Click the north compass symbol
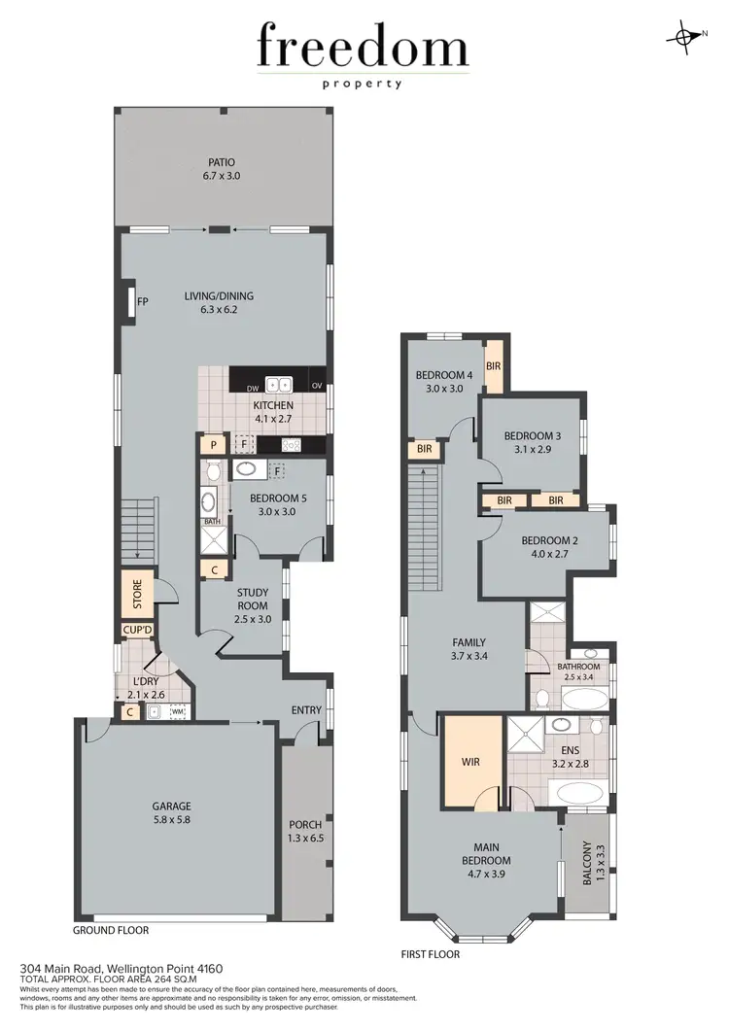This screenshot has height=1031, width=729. pos(687,37)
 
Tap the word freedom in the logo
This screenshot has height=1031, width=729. pos(363,48)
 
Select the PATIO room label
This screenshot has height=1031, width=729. pos(221,163)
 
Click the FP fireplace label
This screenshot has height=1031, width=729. pos(142,301)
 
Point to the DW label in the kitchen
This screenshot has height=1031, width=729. pos(253,387)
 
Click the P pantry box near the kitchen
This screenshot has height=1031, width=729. pos(212,445)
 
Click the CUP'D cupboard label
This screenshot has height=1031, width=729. pos(137,631)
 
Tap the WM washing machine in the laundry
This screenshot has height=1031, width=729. pos(178,712)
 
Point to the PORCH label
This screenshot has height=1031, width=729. pos(305,825)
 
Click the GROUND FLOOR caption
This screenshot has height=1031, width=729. pos(111,930)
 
